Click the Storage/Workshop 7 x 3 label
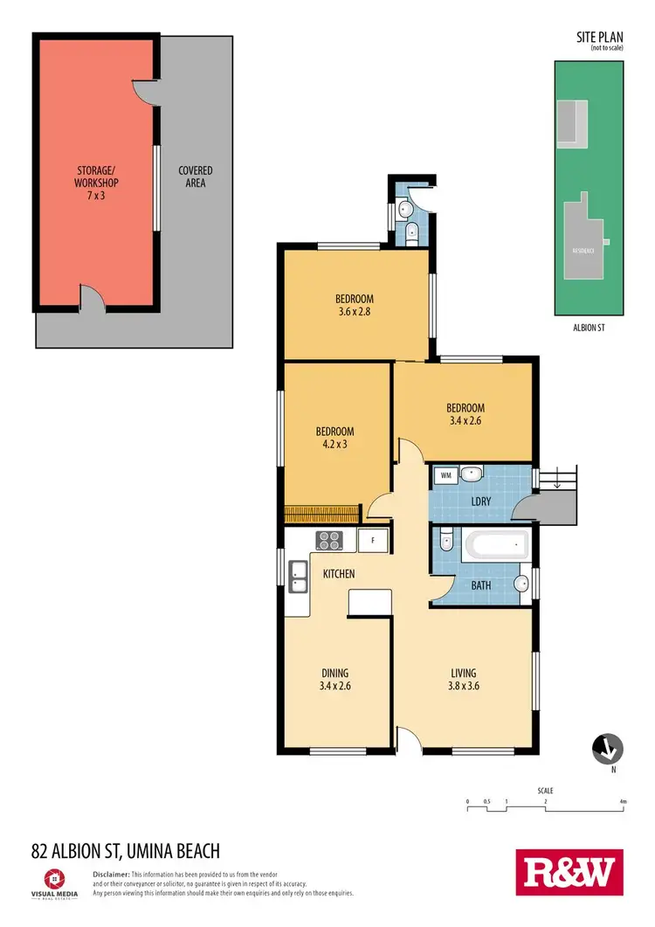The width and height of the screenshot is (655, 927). [x=96, y=183]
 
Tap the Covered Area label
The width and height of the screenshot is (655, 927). [x=196, y=176]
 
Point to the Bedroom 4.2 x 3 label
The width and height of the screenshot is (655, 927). [x=334, y=438]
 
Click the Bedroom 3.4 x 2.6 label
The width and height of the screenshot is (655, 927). [x=465, y=413]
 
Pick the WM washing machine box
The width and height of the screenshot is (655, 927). [x=445, y=475]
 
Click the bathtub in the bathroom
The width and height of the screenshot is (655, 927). [x=496, y=547]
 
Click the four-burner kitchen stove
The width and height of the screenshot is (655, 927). [x=329, y=541]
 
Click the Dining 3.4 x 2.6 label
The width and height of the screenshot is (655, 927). [x=334, y=679]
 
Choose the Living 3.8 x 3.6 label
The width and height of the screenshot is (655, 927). [x=463, y=679]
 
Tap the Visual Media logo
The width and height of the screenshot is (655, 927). [x=53, y=881]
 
